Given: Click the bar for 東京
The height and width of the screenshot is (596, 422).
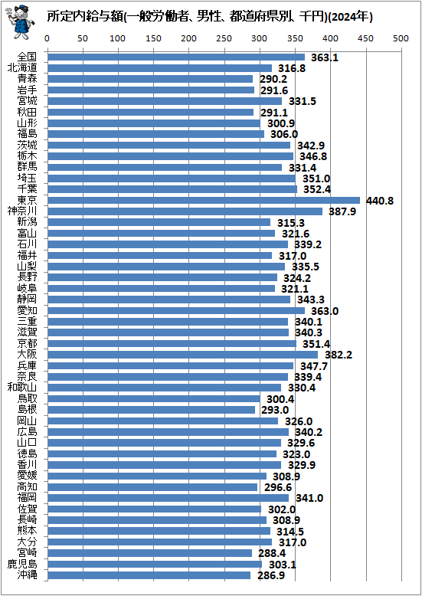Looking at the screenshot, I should point(203,200).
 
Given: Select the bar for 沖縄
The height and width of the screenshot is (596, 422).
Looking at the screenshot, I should point(149,575).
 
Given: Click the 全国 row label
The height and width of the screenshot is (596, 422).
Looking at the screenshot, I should point(27,57).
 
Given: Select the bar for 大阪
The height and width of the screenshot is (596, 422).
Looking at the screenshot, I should point(182,355).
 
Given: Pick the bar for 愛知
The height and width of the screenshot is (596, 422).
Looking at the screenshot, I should point(175,310).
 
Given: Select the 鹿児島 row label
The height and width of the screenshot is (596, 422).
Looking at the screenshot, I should point(22,564).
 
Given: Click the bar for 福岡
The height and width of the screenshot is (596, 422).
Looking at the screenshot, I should point(168,498).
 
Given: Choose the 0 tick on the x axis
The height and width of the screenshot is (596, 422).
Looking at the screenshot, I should point(47,38).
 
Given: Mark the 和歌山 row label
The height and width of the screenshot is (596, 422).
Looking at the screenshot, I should point(22,388).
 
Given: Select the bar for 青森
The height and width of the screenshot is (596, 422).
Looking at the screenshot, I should point(150,79).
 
